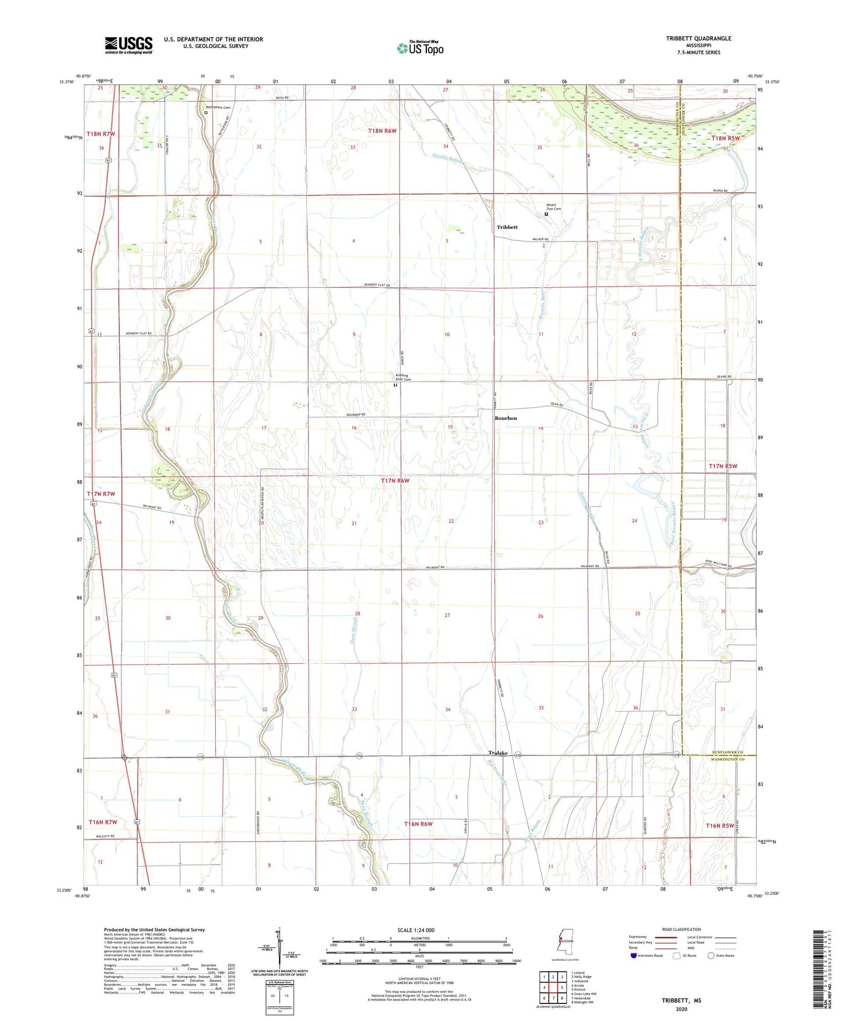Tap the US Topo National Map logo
[x=419, y=48]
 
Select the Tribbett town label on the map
[x=507, y=227]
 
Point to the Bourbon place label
[x=506, y=418]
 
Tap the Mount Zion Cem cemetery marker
[x=547, y=214]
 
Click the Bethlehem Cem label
[x=218, y=108]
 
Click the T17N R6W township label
[x=395, y=481]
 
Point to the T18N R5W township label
[x=726, y=139]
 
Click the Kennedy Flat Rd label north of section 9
[x=377, y=285]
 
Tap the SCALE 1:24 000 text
[x=416, y=930]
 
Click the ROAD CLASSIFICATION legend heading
[x=681, y=929]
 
